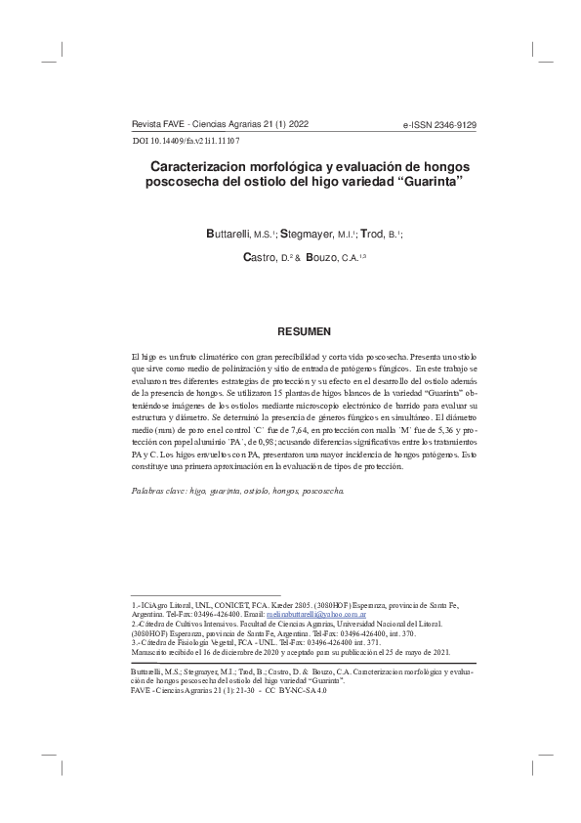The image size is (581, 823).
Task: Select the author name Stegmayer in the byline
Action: pyautogui.click(x=310, y=236)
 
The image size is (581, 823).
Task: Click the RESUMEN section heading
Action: pyautogui.click(x=304, y=332)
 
